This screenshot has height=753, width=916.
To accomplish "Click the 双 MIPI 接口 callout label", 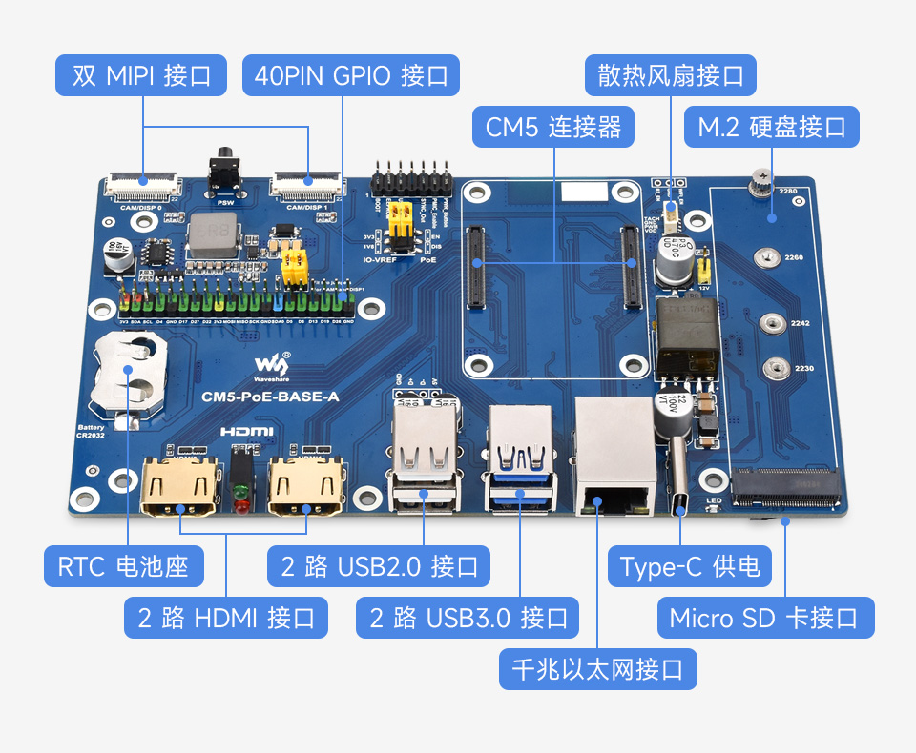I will [141, 75].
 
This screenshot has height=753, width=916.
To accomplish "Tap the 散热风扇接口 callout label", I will [671, 75].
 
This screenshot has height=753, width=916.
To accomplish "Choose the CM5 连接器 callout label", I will [553, 127].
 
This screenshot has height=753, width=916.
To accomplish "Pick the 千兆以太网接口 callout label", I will [598, 669].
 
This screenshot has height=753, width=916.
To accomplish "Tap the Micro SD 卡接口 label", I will [764, 618].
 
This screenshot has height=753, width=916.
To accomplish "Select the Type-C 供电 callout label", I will [690, 566].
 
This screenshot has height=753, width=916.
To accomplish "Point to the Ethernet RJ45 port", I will [615, 458].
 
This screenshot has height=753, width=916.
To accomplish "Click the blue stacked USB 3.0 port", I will [521, 458].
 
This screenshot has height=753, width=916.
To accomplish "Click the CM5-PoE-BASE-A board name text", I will [273, 397].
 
